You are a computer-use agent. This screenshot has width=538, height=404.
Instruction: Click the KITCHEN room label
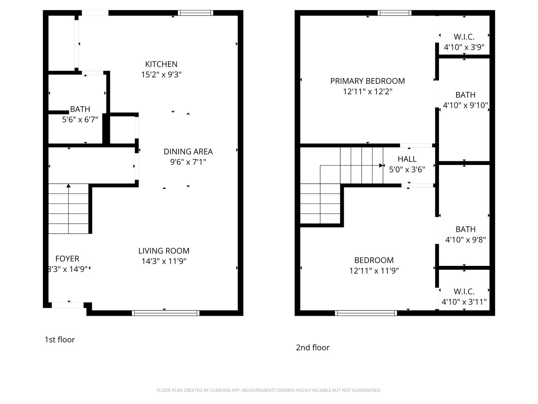click(161, 64)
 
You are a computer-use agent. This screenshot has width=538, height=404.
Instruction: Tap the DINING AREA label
click(188, 151)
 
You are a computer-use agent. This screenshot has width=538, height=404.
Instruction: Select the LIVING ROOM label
click(164, 251)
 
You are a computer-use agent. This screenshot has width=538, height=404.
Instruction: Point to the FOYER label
click(67, 258)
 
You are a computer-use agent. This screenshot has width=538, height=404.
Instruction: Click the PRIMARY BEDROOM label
click(367, 81)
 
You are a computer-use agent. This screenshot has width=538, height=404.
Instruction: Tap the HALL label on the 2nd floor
click(407, 159)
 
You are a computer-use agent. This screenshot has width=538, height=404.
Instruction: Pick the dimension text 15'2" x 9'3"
click(161, 74)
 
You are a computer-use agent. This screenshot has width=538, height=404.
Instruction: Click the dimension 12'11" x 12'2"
click(367, 92)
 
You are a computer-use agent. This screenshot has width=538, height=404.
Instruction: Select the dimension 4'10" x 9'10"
click(465, 105)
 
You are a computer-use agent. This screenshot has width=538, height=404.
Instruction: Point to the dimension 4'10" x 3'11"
click(464, 302)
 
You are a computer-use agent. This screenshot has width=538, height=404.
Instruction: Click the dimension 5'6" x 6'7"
click(80, 119)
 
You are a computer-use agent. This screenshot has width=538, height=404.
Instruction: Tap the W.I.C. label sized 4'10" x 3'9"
click(464, 37)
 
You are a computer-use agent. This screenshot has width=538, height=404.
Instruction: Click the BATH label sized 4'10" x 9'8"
click(465, 229)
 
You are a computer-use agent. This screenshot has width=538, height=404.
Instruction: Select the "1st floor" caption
click(59, 340)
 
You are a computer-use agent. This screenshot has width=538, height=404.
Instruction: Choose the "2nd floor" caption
click(312, 348)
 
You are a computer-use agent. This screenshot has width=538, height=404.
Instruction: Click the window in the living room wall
click(166, 313)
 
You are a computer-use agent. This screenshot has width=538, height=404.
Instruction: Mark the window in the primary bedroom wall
click(395, 13)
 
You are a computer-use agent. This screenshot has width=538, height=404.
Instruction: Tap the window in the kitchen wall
click(195, 13)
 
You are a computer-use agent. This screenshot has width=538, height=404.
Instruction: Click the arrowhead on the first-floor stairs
click(68, 186)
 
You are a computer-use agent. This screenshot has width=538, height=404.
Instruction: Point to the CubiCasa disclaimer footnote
click(269, 390)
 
